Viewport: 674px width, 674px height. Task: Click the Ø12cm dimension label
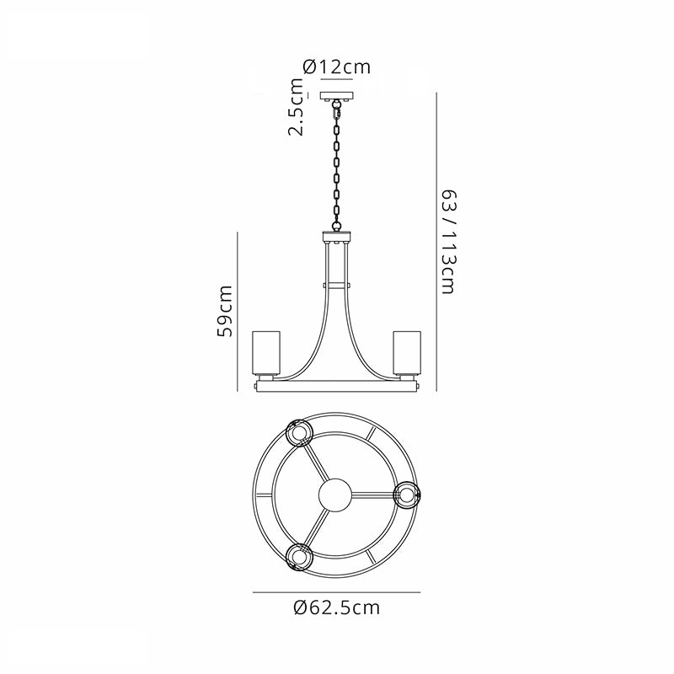[336, 67]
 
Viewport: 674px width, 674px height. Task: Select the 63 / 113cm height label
[449, 242]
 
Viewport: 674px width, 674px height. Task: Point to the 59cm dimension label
[225, 311]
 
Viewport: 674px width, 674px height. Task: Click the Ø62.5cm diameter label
[337, 607]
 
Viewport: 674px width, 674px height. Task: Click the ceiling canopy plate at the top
[336, 95]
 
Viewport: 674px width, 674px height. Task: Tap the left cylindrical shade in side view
[266, 352]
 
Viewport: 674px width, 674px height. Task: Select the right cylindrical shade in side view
[407, 352]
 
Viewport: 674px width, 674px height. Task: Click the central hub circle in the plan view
[335, 495]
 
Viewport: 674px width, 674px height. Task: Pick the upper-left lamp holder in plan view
[300, 433]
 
